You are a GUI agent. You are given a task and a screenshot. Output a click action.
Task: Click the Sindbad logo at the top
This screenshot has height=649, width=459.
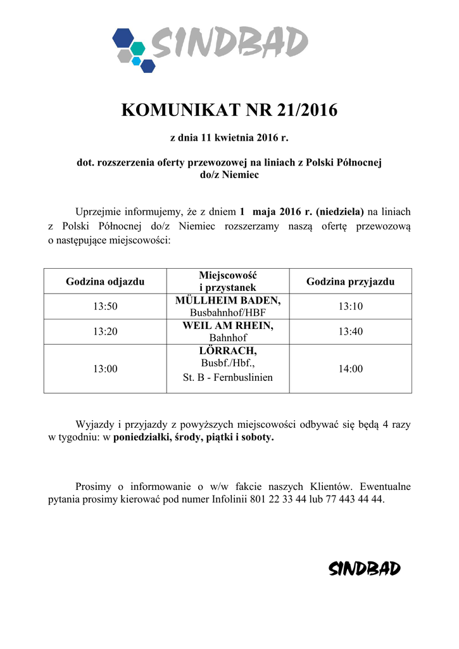(210, 48)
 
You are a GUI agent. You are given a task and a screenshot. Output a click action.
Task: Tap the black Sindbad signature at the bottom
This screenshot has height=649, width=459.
(365, 569)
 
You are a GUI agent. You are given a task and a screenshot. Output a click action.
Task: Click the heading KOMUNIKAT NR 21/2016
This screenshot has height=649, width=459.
(229, 110)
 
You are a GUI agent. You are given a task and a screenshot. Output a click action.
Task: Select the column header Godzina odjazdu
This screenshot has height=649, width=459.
(105, 281)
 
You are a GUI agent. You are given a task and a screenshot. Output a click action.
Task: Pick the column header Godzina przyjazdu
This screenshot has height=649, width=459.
(350, 281)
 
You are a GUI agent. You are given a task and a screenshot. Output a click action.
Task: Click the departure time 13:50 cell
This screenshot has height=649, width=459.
(105, 306)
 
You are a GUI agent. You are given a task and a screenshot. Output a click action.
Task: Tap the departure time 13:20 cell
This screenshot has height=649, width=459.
(105, 331)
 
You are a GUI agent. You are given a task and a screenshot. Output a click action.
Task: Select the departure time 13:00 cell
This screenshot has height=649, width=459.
(105, 368)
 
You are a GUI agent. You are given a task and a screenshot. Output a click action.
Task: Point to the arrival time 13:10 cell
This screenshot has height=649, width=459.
(350, 306)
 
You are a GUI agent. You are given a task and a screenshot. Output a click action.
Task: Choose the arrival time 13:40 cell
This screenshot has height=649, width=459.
(350, 331)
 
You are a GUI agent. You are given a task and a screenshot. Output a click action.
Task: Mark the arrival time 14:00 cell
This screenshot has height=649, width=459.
(350, 368)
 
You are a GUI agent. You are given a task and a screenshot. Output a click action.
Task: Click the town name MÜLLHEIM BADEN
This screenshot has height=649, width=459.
(228, 300)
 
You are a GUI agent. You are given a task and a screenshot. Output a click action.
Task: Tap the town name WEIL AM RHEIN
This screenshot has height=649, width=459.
(228, 325)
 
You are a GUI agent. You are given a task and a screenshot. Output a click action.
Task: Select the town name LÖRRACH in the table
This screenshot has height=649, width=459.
(228, 350)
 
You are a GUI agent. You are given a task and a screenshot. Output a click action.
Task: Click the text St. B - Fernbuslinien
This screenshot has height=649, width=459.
(228, 378)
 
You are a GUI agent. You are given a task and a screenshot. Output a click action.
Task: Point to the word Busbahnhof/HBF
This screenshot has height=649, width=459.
(228, 312)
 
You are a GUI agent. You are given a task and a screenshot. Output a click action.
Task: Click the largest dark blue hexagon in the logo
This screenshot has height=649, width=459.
(122, 38)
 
